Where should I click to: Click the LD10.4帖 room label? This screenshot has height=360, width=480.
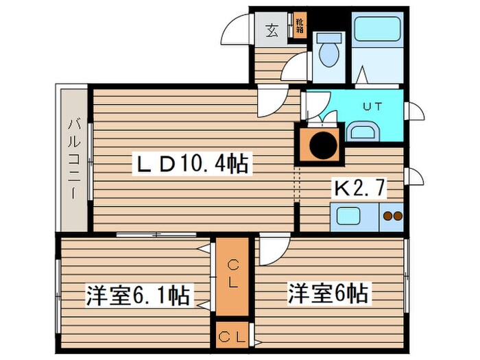192,164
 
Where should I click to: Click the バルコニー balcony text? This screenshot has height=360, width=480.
73,157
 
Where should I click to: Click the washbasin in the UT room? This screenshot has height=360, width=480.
361,130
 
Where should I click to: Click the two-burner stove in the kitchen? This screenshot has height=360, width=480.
392,217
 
